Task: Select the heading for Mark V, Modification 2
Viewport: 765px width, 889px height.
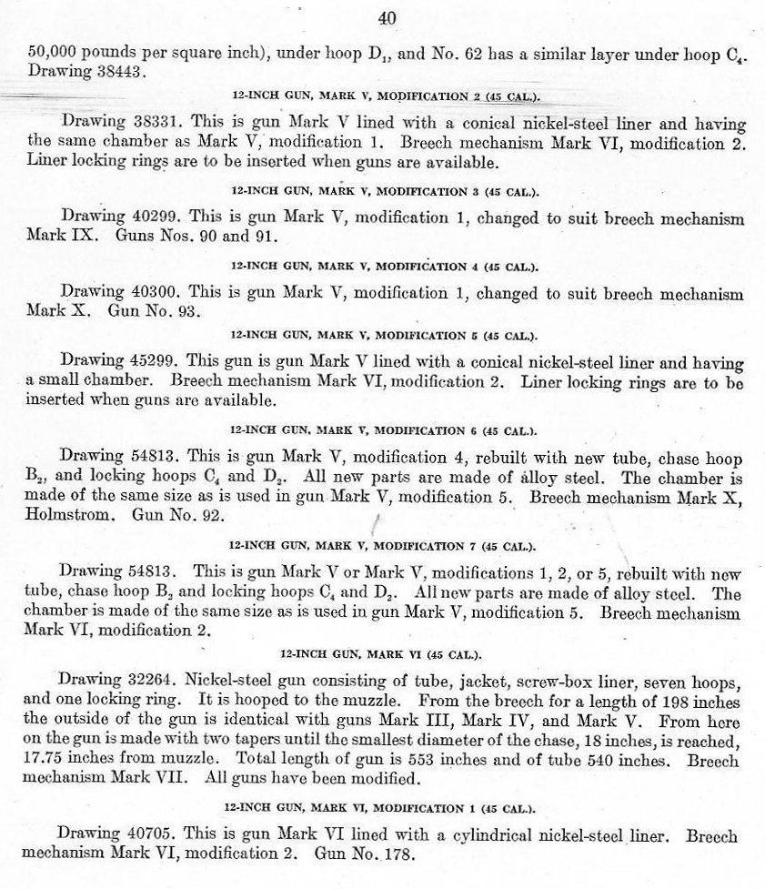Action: tap(384, 96)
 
